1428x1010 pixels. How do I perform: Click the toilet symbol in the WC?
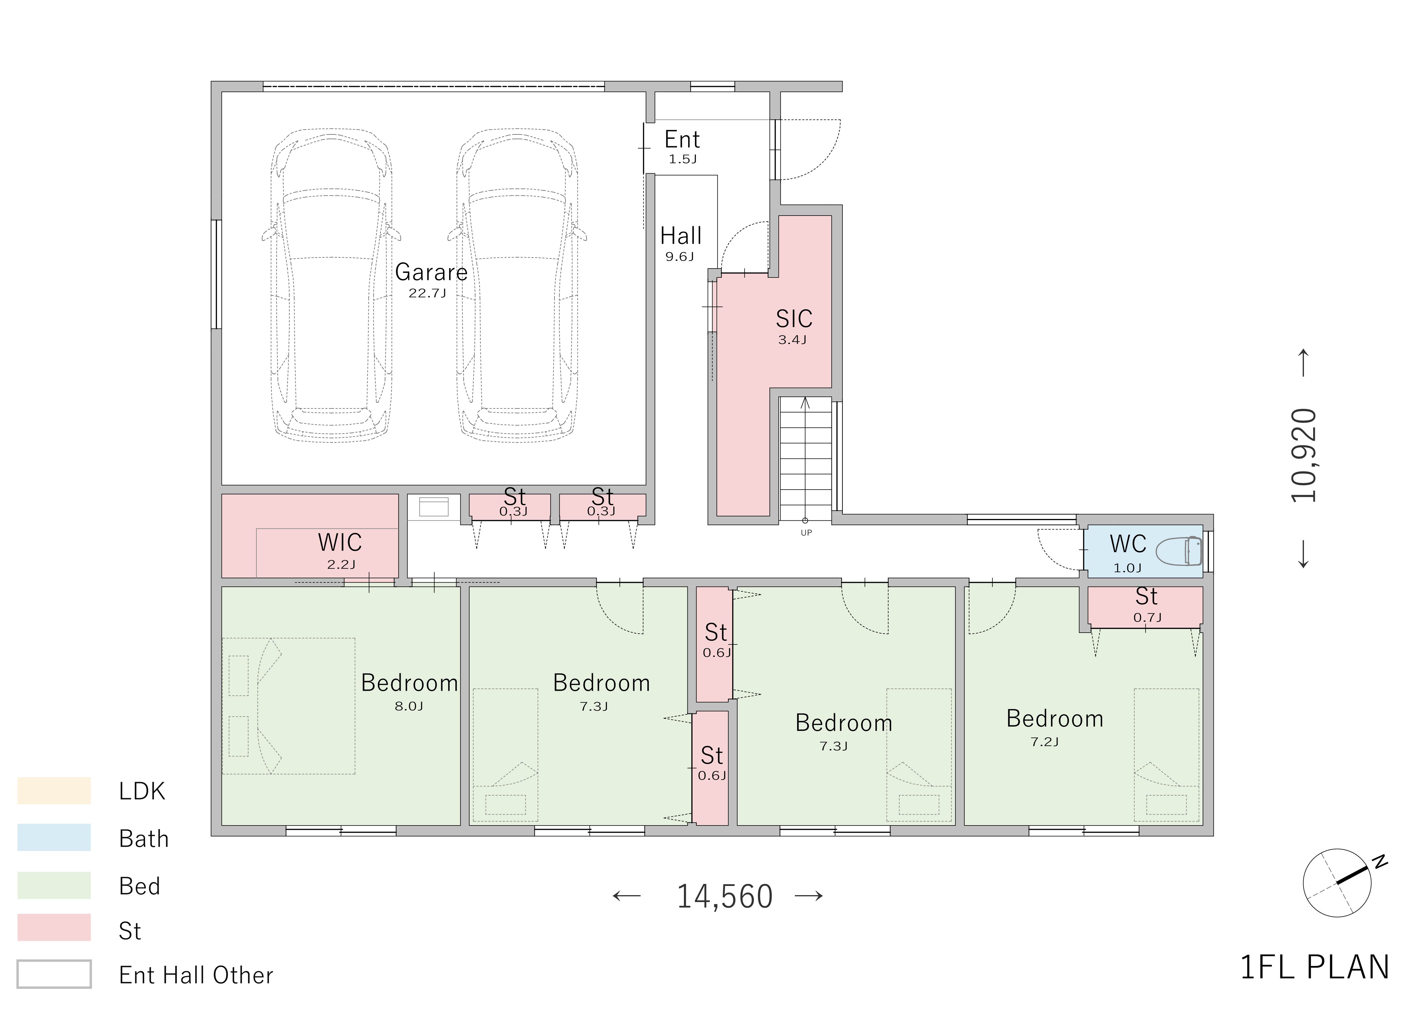(1179, 551)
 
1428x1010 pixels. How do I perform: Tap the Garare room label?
(431, 272)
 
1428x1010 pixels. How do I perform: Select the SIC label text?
(794, 319)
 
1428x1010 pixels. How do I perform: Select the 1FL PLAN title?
(1315, 968)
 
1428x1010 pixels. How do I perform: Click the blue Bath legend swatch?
(54, 838)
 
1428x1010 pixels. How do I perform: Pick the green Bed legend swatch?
(54, 885)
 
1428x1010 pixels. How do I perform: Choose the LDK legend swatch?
(54, 790)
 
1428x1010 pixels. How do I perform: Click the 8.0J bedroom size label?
(409, 706)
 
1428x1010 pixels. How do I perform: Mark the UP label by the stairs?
(806, 533)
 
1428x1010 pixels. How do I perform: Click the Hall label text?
(681, 236)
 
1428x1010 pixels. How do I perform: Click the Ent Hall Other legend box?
(54, 974)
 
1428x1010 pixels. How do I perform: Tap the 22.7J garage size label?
(427, 293)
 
